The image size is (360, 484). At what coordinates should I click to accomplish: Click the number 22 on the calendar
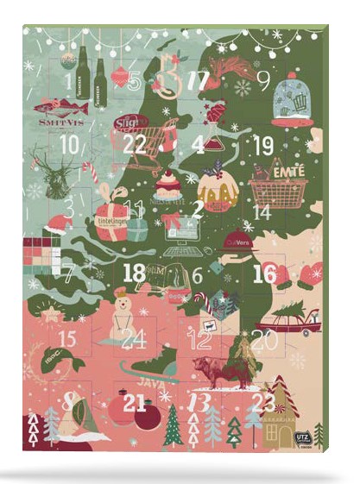tap(135, 144)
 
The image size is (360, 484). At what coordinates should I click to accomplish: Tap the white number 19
tap(264, 144)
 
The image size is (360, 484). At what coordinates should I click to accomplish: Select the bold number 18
tap(135, 273)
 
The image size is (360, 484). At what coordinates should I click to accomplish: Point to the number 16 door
tap(264, 273)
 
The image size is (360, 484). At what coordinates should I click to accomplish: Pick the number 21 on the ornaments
tap(135, 402)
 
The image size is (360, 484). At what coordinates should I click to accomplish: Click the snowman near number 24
tap(122, 309)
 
